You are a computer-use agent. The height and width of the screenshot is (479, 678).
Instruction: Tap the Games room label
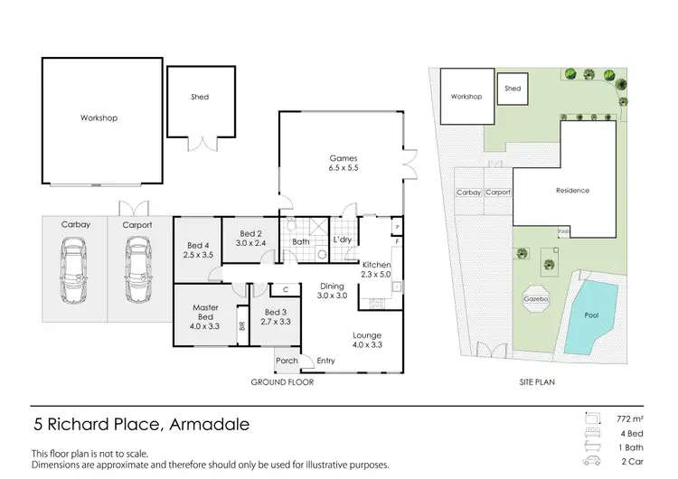pyautogui.click(x=341, y=163)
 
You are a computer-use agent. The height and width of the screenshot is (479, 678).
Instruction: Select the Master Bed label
pyautogui.click(x=206, y=313)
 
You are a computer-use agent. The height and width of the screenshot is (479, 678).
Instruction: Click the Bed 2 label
pyautogui.click(x=250, y=238)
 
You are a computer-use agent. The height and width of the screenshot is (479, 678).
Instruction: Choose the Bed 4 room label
pyautogui.click(x=198, y=250)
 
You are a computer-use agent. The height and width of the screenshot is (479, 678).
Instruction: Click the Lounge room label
pyautogui.click(x=367, y=339)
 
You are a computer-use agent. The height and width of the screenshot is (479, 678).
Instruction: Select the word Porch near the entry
pyautogui.click(x=287, y=362)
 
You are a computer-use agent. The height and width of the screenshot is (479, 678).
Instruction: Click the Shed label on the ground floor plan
pyautogui.click(x=200, y=97)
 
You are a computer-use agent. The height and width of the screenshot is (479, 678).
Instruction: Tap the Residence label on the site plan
pyautogui.click(x=571, y=191)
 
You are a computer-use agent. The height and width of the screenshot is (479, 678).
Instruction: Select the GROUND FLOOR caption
pyautogui.click(x=283, y=382)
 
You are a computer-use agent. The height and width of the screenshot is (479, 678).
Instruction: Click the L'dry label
pyautogui.click(x=342, y=239)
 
